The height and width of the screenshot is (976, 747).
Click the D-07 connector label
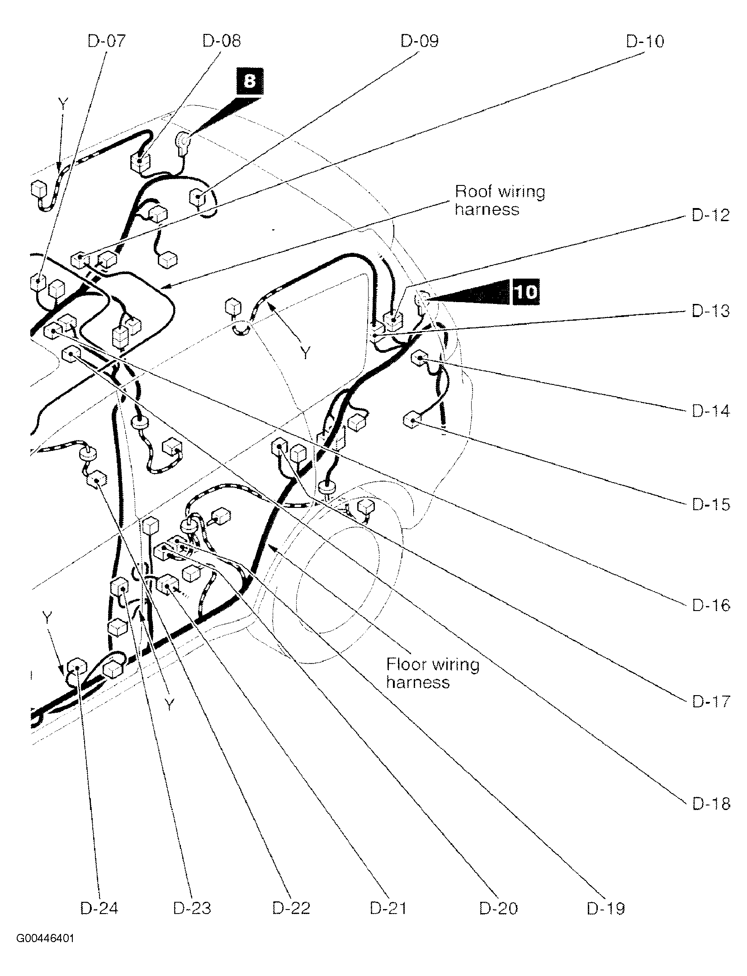pyautogui.click(x=106, y=41)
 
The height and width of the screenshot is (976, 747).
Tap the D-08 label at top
pyautogui.click(x=222, y=41)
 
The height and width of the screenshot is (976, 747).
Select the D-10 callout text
pyautogui.click(x=645, y=42)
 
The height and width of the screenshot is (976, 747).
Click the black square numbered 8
pyautogui.click(x=249, y=81)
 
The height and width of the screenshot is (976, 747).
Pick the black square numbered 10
pyautogui.click(x=525, y=292)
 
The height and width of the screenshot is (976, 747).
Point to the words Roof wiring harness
pyautogui.click(x=499, y=200)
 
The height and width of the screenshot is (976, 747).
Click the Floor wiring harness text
pyautogui.click(x=432, y=673)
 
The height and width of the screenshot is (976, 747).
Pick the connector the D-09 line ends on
pyautogui.click(x=197, y=197)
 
